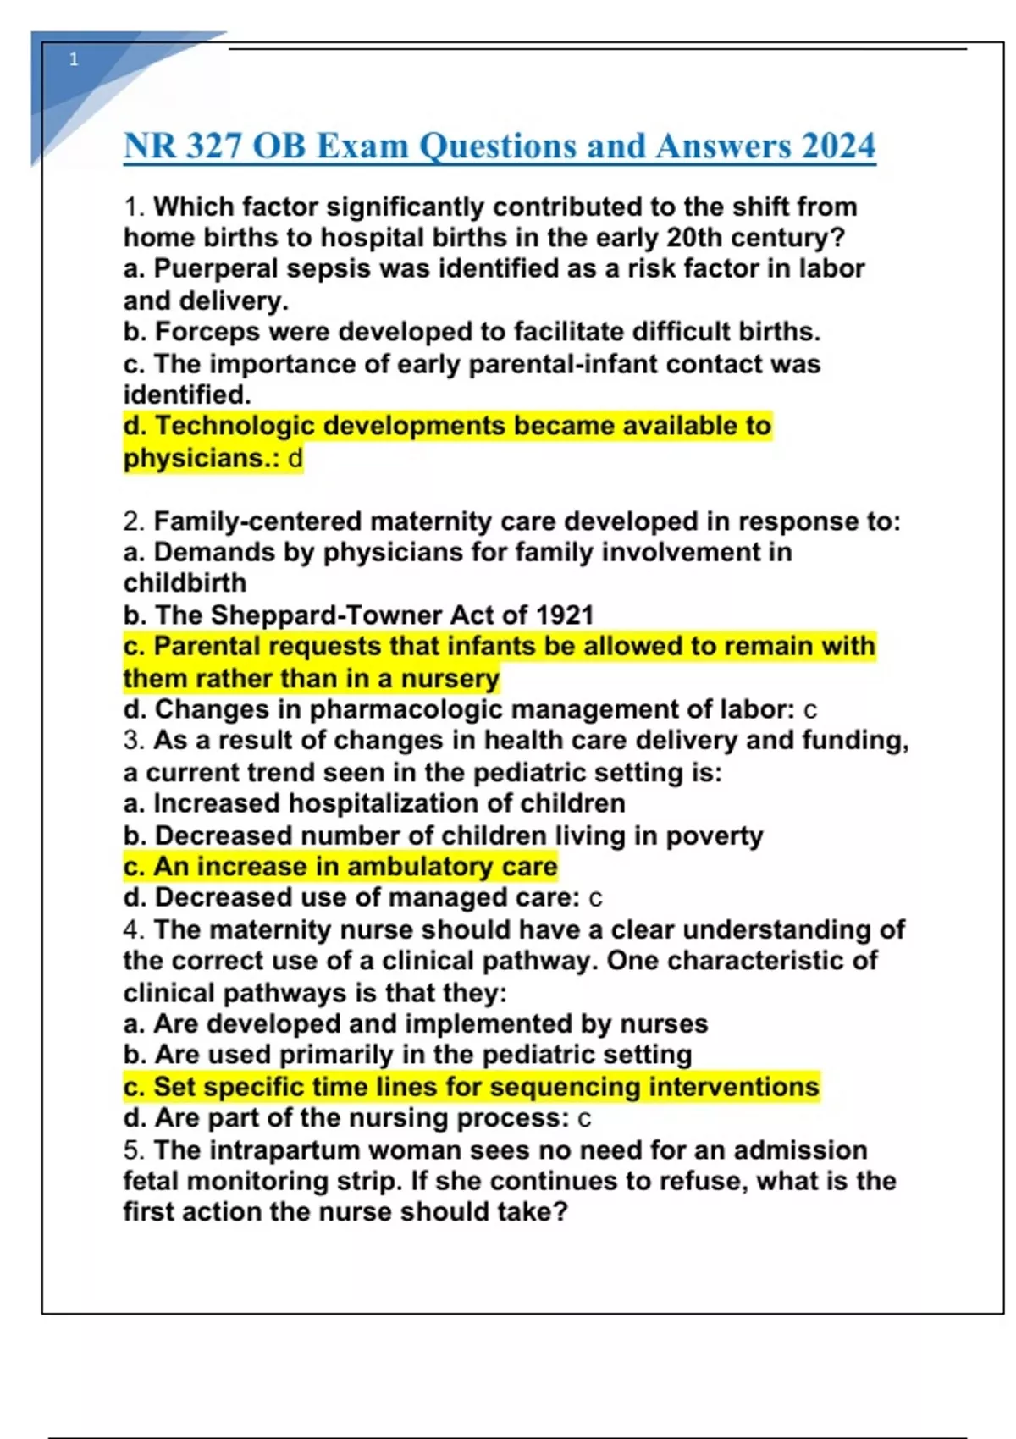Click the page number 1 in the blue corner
[x=74, y=59]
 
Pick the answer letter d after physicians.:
[x=295, y=459]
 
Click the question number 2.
[x=133, y=521]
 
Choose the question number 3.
[x=133, y=741]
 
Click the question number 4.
[x=133, y=930]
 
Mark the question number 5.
[x=133, y=1150]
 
